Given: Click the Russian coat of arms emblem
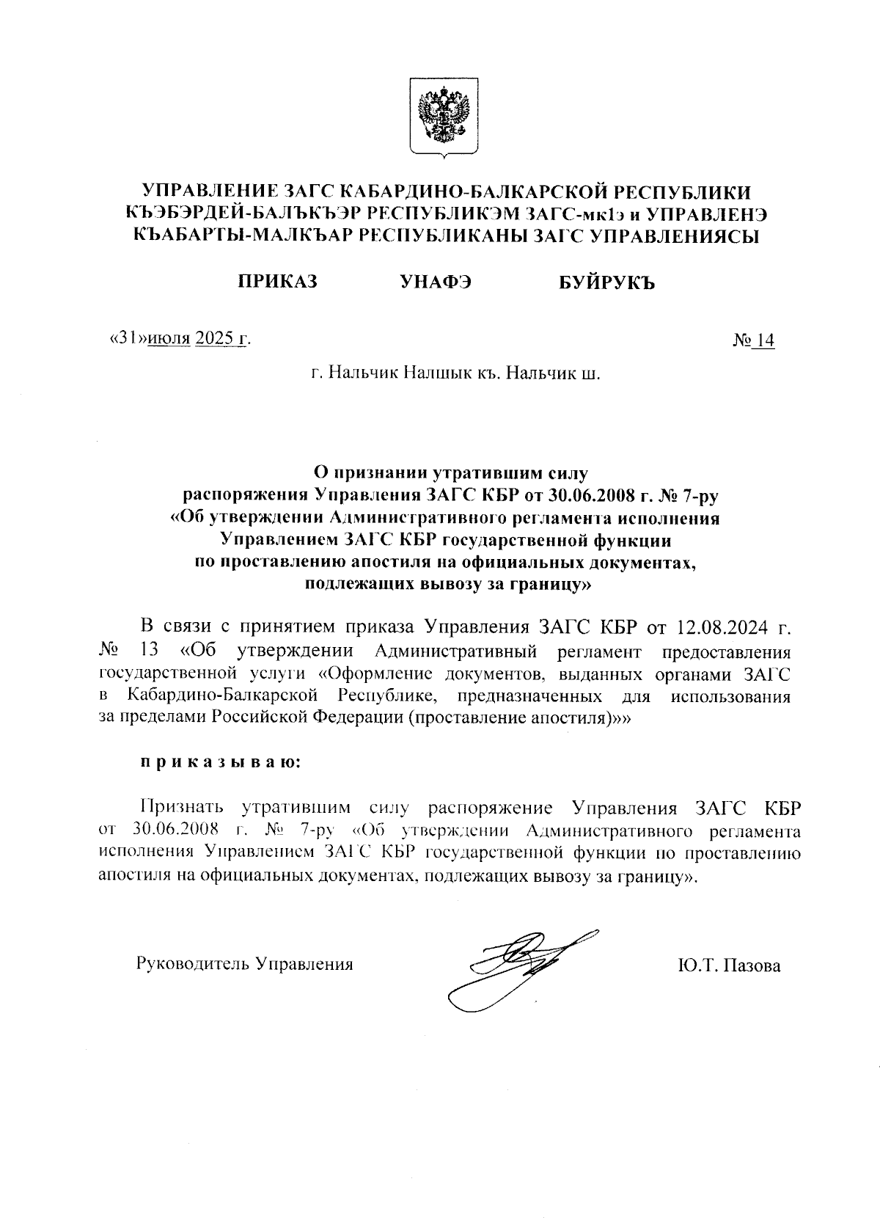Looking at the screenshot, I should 444,117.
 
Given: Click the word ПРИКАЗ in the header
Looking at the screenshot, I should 277,282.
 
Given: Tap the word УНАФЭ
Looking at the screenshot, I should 436,282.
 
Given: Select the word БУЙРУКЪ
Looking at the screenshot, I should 606,282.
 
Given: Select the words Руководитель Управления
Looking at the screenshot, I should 245,964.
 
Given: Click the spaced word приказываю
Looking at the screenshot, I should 221,762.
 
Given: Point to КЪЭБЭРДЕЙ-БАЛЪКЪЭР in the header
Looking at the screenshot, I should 243,213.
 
